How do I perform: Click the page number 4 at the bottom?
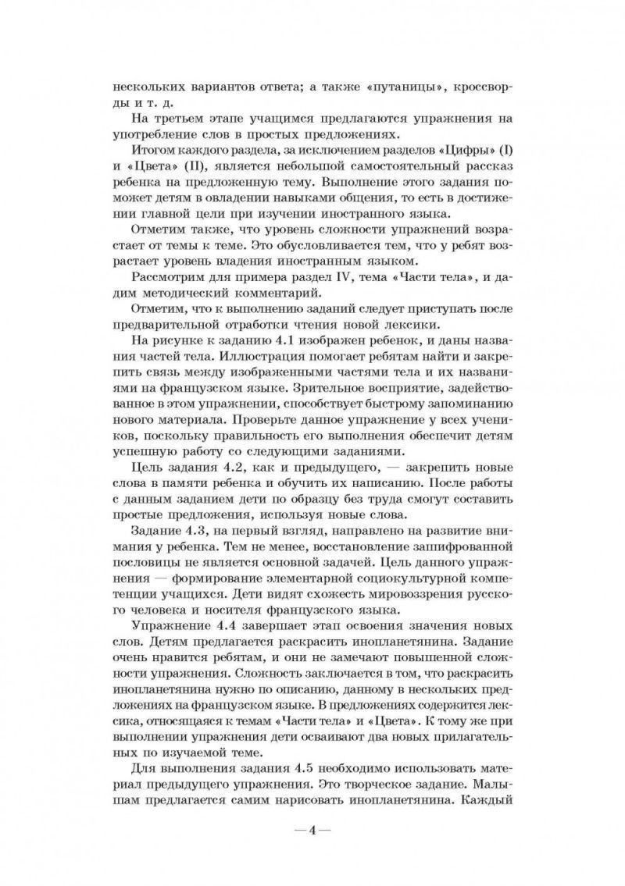pos(312,829)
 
